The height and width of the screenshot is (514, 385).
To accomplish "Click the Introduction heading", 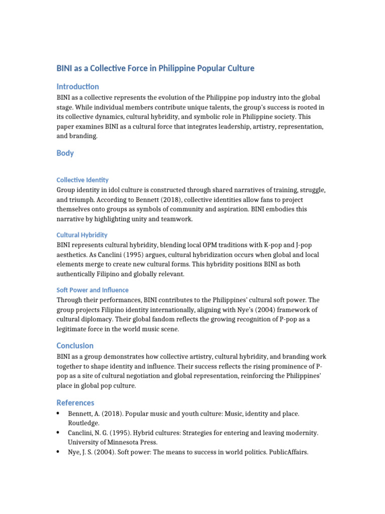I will tap(78, 87).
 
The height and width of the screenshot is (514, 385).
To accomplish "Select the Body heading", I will tap(65, 153).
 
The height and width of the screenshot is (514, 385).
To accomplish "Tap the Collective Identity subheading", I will tap(82, 180).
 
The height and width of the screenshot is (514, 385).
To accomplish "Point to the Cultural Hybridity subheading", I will tap(82, 235).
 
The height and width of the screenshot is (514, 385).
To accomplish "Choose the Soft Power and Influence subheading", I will tap(92, 290).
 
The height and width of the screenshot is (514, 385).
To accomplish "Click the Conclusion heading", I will tap(75, 345).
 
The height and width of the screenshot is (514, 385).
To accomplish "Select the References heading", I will tap(75, 403).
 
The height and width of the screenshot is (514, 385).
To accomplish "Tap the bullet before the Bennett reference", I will tap(59, 413).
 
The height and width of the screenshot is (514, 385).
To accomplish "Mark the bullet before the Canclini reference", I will tap(59, 432).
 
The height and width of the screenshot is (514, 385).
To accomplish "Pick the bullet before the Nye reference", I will tap(59, 452).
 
